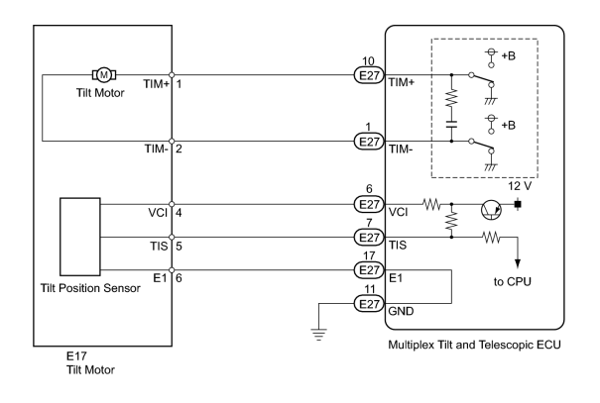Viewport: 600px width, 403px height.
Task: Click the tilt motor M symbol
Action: click(104, 75)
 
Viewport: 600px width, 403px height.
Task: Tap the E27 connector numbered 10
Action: click(369, 75)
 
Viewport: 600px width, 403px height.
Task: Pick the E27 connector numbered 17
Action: click(369, 270)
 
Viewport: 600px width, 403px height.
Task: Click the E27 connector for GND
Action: click(369, 304)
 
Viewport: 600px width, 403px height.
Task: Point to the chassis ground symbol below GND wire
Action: click(318, 335)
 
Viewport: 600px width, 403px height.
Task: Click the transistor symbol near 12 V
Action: click(491, 210)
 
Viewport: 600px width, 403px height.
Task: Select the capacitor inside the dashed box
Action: click(451, 124)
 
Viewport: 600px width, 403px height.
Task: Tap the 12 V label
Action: click(520, 186)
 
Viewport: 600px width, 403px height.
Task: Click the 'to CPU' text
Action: click(512, 282)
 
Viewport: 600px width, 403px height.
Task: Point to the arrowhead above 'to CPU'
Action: click(518, 263)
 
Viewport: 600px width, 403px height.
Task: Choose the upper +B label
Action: click(508, 55)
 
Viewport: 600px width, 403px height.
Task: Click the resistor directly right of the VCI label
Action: click(432, 205)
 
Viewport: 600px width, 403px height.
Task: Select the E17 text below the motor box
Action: click(76, 356)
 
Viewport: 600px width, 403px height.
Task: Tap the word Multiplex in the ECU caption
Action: click(407, 345)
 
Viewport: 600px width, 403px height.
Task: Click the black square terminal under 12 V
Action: click(518, 205)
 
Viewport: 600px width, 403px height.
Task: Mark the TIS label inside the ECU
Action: click(398, 245)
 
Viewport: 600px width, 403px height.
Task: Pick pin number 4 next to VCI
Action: click(179, 212)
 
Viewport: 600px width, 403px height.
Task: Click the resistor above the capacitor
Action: click(451, 98)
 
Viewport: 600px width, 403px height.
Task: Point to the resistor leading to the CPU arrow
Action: click(491, 238)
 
